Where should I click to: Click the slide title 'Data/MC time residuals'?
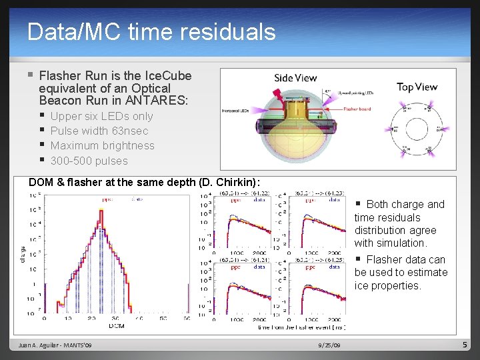(151, 31)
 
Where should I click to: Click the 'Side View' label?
(295, 78)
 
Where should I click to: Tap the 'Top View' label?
(417, 87)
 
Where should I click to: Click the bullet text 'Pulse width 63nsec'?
(99, 131)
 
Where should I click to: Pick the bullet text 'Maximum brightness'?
(102, 145)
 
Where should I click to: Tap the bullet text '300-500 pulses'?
(89, 161)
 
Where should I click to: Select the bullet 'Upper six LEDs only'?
(101, 116)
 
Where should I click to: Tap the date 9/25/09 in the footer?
(329, 345)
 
